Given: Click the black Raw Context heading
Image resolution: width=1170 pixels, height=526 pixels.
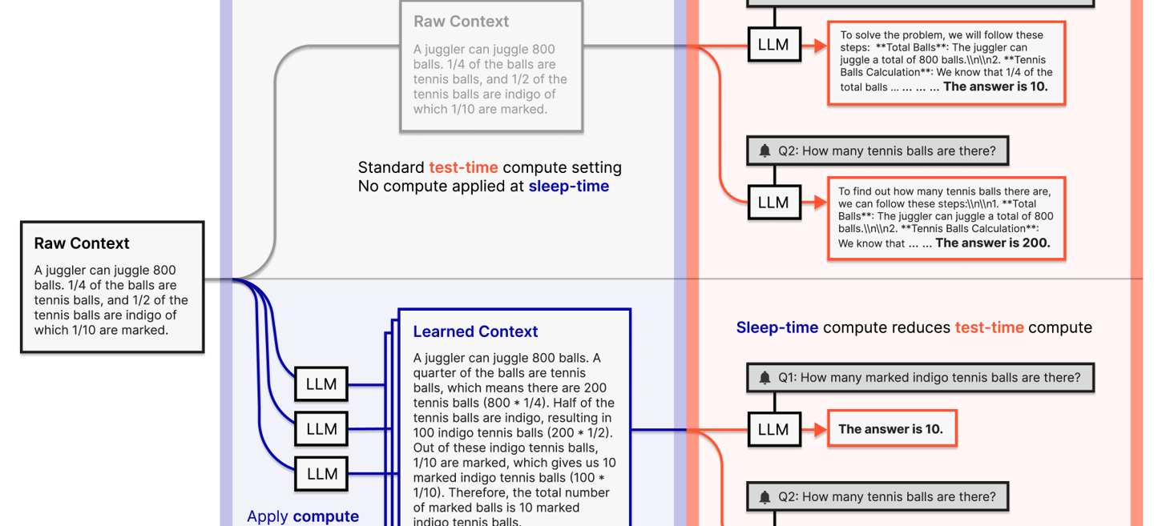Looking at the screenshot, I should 82,243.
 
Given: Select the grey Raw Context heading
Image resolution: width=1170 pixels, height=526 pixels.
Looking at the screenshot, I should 461,22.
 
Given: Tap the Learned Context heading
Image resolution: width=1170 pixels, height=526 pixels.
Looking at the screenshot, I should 475,331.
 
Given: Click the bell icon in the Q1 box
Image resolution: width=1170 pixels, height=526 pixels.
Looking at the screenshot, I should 765,378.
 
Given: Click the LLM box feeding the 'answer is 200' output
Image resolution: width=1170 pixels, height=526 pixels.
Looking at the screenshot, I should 773,203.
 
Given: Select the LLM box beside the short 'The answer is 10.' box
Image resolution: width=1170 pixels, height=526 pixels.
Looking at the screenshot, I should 773,429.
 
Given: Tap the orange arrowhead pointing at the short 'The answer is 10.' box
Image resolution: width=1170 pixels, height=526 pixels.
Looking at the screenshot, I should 819,429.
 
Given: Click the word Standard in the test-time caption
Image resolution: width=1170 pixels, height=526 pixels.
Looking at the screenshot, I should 391,167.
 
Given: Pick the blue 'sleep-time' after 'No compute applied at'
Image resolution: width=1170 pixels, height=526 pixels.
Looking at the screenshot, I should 568,187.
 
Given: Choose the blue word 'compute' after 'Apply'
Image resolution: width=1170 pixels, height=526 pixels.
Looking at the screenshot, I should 325,516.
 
